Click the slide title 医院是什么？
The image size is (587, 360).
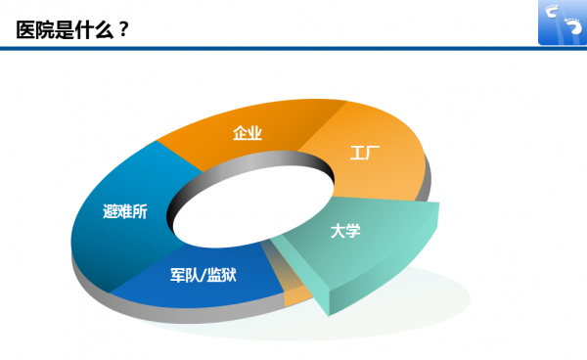[x=72, y=30]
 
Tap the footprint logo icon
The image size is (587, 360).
[x=563, y=22]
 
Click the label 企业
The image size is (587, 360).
[x=248, y=133]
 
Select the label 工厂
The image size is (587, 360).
[x=365, y=153]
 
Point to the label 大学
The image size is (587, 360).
[x=345, y=231]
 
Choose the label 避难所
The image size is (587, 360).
[x=125, y=211]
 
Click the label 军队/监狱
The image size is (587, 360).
[x=203, y=275]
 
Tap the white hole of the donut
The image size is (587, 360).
[x=253, y=207]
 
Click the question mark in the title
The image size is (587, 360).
[x=124, y=30]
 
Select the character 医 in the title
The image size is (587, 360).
[x=25, y=30]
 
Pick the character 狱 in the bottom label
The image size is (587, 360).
[x=229, y=275]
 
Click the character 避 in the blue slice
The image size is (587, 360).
[x=110, y=211]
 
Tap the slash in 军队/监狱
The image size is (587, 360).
[x=203, y=275]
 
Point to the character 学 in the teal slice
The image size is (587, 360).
[x=353, y=231]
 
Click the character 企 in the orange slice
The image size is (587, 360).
[x=240, y=133]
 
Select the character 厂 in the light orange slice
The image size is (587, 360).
[x=373, y=153]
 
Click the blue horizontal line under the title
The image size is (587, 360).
[x=293, y=48]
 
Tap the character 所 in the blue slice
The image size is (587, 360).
[x=140, y=211]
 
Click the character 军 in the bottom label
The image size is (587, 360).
[x=177, y=275]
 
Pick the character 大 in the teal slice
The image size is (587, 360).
[x=339, y=231]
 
